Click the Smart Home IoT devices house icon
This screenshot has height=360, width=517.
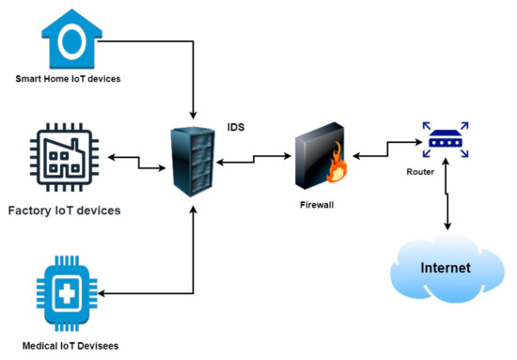(x=70, y=37)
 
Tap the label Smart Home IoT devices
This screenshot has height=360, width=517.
(x=69, y=79)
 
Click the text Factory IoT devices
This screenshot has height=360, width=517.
(x=65, y=211)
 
